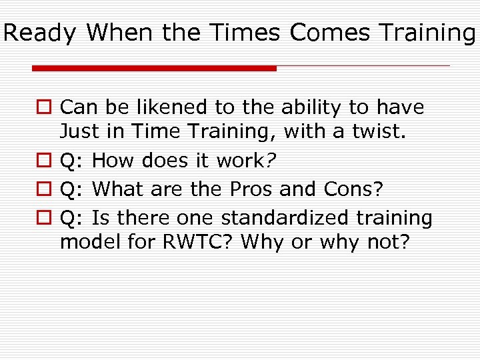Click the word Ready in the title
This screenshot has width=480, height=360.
41,32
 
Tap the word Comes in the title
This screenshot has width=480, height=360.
328,32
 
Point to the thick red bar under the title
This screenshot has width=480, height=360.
154,68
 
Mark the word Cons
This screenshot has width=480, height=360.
353,189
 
